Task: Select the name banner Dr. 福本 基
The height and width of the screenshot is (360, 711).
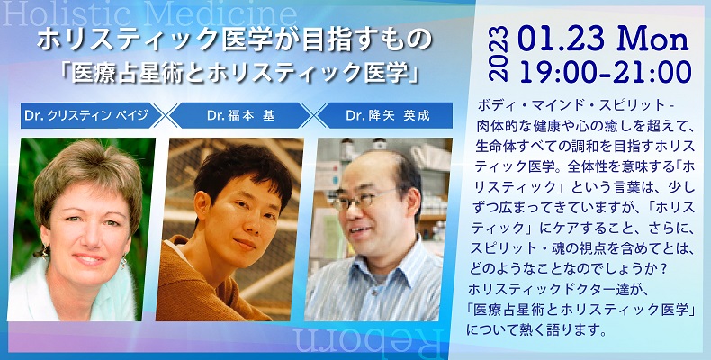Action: point(239,115)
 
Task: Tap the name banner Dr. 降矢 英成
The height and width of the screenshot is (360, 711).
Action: point(387,115)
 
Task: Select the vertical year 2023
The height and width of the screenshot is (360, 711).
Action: point(499,53)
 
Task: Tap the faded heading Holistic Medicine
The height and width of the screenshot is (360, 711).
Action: point(149,14)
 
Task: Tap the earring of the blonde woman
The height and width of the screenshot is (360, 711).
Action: point(123,262)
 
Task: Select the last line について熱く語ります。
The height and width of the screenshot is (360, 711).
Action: point(536,329)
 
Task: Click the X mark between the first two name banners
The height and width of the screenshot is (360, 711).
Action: point(166,115)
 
